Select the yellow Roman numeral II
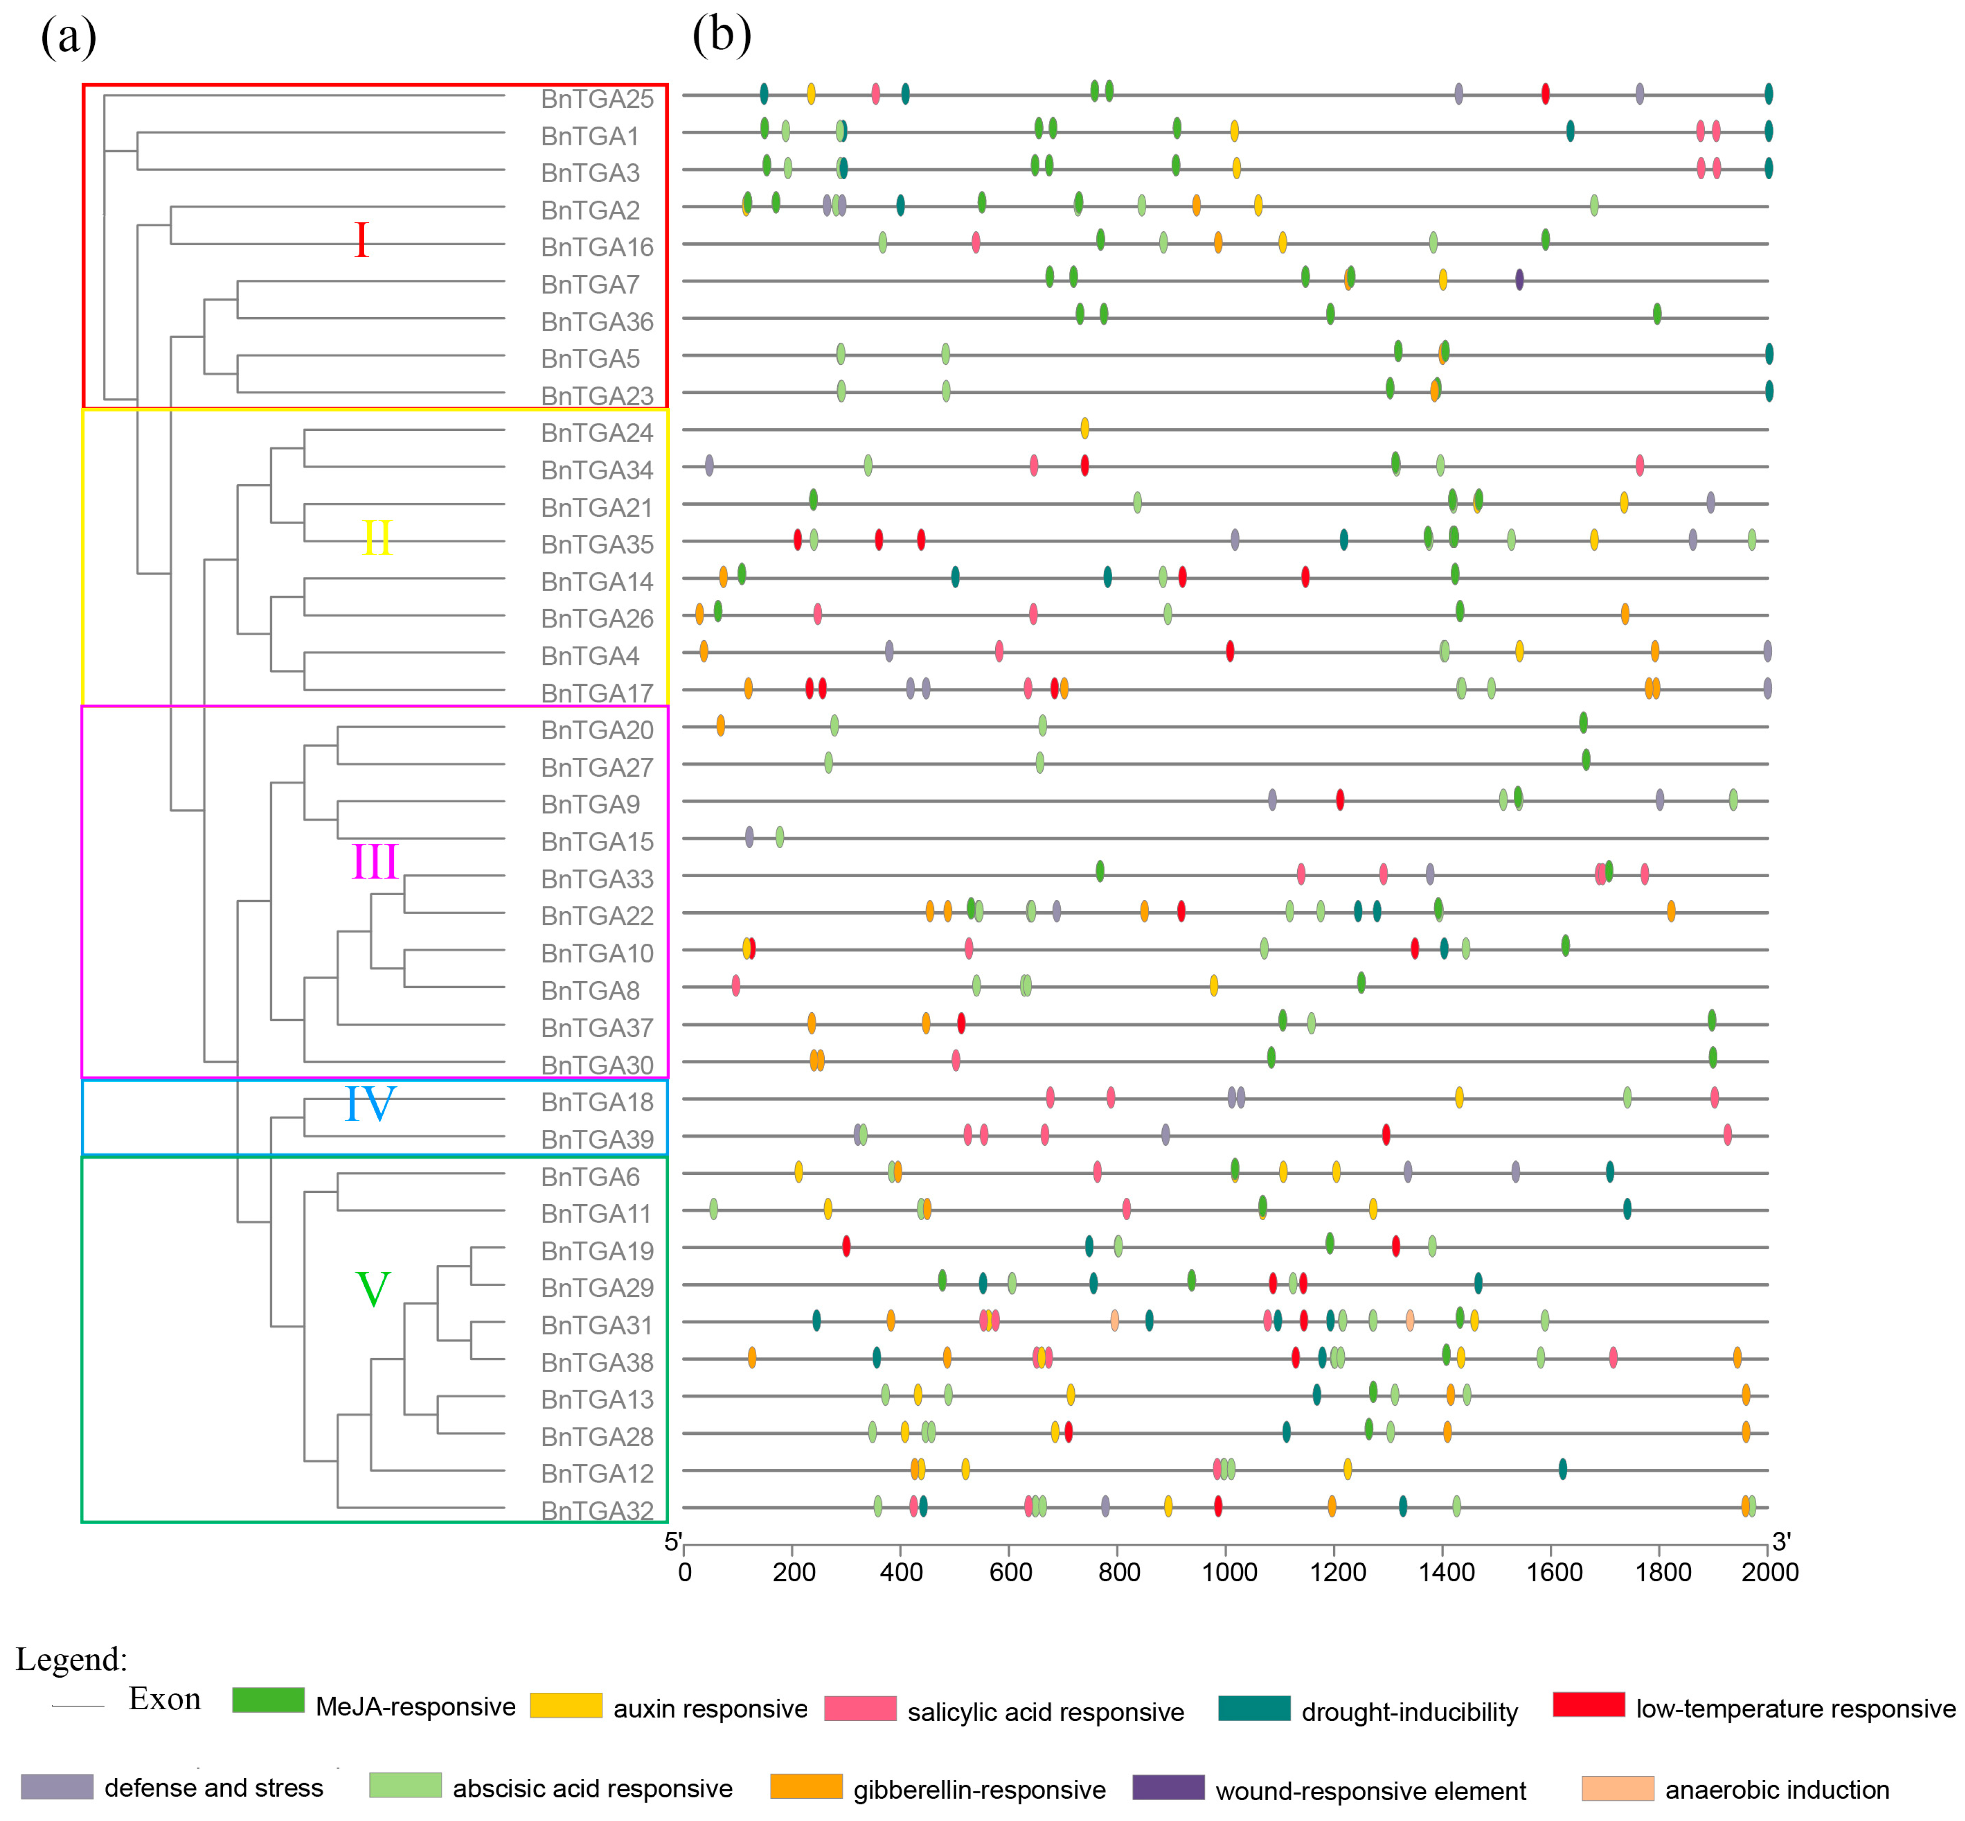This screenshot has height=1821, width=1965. tap(376, 538)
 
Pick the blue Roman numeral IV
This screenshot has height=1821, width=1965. tap(370, 1104)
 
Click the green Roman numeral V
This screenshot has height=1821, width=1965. tap(373, 1289)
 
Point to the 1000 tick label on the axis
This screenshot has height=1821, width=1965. tap(1229, 1572)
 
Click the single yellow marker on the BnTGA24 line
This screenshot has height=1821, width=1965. tap(1084, 427)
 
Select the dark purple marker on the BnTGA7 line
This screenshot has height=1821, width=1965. tap(1519, 279)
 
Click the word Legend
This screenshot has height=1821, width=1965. tap(71, 1659)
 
